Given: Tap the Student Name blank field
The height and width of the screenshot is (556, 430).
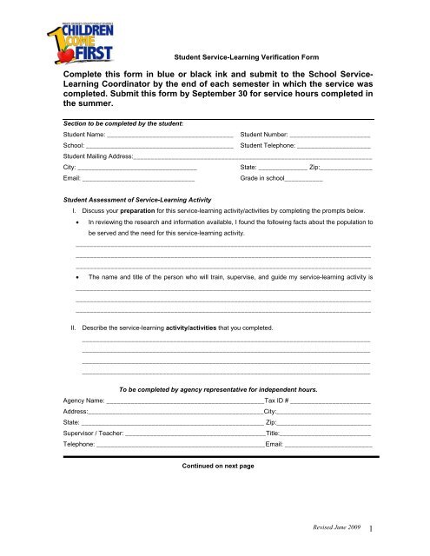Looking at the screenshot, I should click(169, 136).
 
